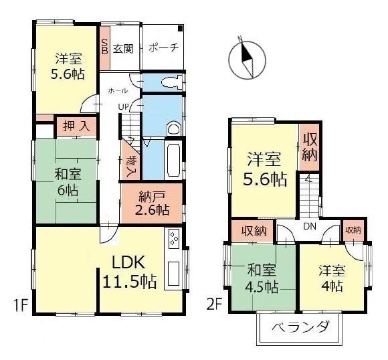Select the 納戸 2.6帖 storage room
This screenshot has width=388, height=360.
tap(151, 202)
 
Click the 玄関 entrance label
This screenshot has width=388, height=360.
tap(122, 48)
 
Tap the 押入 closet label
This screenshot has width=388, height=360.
tap(74, 125)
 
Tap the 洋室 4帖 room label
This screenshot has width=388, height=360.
tap(331, 278)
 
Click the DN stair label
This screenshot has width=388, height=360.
tap(309, 226)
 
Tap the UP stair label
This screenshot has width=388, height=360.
tap(124, 106)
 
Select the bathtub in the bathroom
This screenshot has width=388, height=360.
tap(173, 160)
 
